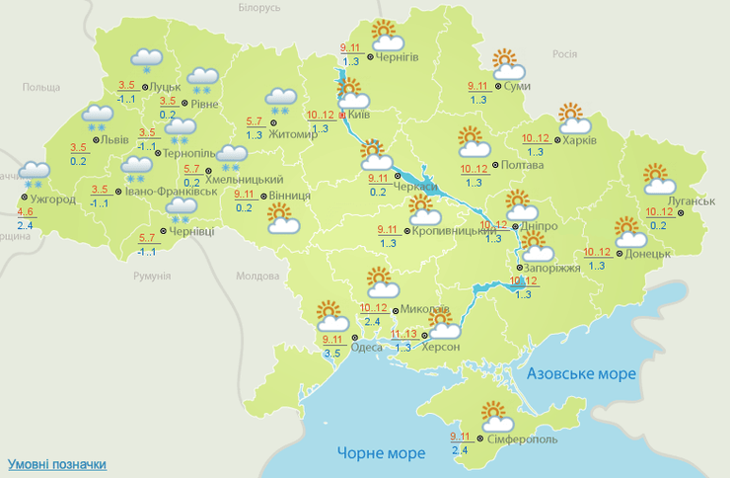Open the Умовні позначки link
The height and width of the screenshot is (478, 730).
(56, 463)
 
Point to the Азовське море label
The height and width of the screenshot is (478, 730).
(581, 374)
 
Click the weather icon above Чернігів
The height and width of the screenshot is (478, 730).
(385, 36)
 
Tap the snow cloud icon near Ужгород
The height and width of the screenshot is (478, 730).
(34, 174)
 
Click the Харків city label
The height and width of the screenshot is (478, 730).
(580, 140)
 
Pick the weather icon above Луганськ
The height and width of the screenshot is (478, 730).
(658, 179)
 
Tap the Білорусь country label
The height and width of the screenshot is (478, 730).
(259, 8)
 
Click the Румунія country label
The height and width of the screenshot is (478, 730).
(153, 275)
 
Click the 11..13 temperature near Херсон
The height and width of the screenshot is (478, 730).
(403, 334)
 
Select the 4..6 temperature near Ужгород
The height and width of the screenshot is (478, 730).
(25, 212)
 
